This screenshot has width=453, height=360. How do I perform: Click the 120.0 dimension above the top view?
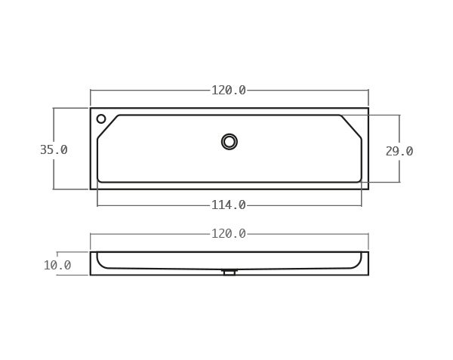tap(228, 91)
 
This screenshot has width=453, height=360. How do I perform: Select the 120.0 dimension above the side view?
tap(228, 234)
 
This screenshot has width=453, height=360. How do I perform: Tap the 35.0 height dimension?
tap(54, 150)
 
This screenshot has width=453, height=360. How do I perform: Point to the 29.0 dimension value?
tap(399, 152)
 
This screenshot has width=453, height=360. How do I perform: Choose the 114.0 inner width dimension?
tap(228, 205)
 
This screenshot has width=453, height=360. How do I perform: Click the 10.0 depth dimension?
tap(57, 266)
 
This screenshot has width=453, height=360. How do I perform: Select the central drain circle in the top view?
tap(230, 142)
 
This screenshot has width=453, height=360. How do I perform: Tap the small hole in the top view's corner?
tap(101, 118)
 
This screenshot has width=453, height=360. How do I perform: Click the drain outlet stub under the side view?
tap(230, 272)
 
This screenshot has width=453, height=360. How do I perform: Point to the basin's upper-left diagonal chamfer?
tap(107, 126)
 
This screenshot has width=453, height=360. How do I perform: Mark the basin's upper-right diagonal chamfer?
tap(351, 126)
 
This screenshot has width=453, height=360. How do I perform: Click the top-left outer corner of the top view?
tap(91, 109)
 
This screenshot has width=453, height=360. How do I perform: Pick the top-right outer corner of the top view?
tap(368, 109)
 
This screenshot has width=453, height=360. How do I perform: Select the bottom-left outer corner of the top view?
tap(91, 189)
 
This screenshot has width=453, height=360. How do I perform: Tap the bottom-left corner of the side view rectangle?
tap(91, 275)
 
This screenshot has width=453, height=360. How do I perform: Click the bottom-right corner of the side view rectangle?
tap(368, 275)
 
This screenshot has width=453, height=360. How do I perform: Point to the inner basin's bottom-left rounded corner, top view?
tap(99, 180)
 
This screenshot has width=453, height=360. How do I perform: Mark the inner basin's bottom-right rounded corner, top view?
tap(360, 180)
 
